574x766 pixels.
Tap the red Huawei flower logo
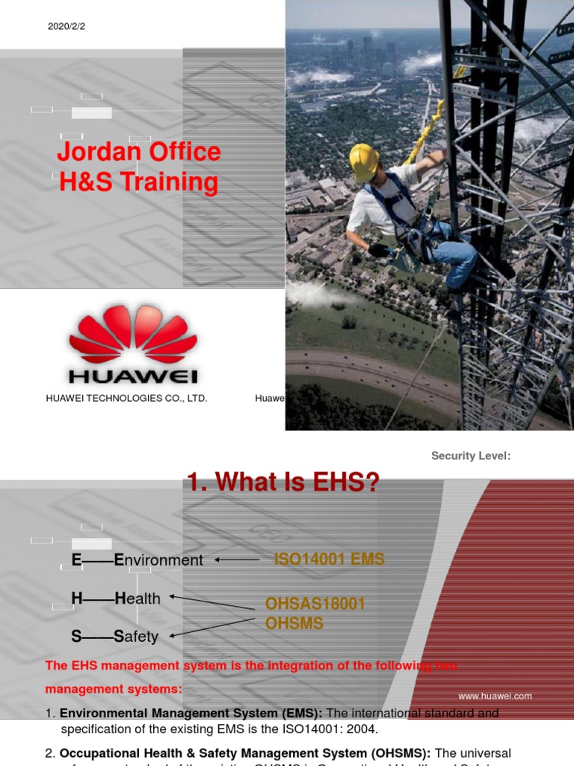[133, 334]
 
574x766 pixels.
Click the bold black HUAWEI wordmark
[133, 375]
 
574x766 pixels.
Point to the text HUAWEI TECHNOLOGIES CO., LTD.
[126, 398]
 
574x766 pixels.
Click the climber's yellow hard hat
[364, 161]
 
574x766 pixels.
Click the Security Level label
[471, 456]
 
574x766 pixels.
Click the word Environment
[158, 560]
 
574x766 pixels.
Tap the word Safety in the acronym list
[135, 637]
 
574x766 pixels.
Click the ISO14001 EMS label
[330, 559]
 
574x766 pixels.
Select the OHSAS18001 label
[315, 604]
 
